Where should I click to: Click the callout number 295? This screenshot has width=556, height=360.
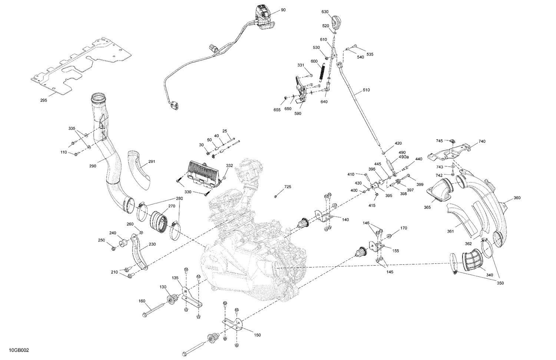click(x=44, y=100)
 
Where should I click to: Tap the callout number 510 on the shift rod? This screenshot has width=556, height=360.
click(x=366, y=90)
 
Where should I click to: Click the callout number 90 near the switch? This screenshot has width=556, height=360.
click(x=283, y=10)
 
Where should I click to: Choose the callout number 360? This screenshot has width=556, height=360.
click(x=517, y=198)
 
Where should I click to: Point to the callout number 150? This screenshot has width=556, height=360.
click(x=257, y=335)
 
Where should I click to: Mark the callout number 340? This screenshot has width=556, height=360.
click(x=490, y=275)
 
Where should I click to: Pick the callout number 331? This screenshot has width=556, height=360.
click(x=301, y=65)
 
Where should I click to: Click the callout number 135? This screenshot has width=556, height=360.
click(x=175, y=277)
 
